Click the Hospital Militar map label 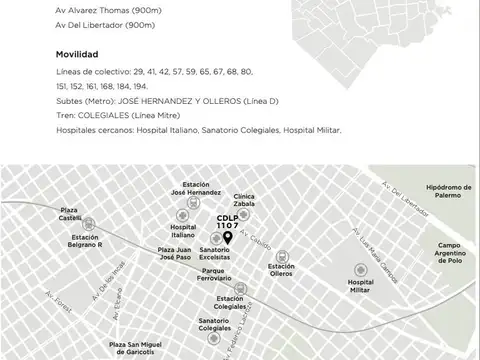coord(360,287)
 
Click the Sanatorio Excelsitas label coord(214,253)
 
